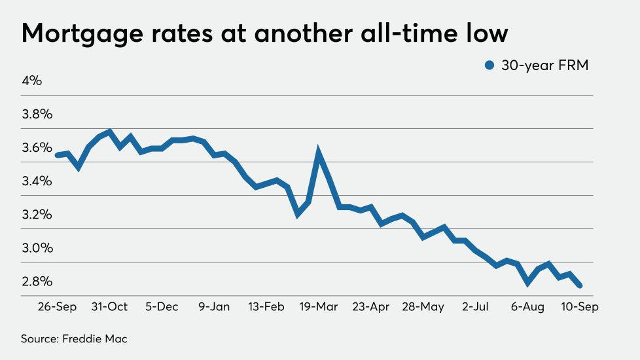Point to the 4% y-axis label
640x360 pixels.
click(x=32, y=81)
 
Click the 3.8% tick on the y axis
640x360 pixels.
click(x=37, y=115)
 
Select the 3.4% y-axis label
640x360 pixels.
click(x=37, y=181)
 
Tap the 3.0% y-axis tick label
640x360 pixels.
click(x=37, y=248)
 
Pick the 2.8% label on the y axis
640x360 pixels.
click(x=37, y=281)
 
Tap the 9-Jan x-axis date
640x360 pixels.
click(x=213, y=306)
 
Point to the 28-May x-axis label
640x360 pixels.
click(x=423, y=306)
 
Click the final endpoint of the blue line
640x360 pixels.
click(x=580, y=285)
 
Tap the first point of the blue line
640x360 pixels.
click(x=58, y=155)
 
